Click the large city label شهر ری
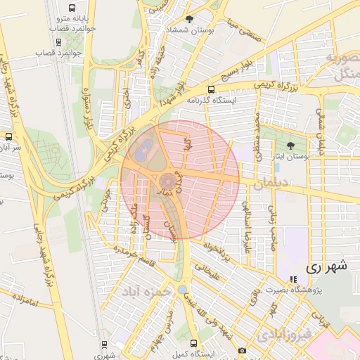[x=328, y=267]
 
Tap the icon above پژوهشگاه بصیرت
[x=293, y=280]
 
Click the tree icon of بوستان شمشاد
[x=188, y=19]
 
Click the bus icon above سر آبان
[x=8, y=136]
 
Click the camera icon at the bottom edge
[x=242, y=350]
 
